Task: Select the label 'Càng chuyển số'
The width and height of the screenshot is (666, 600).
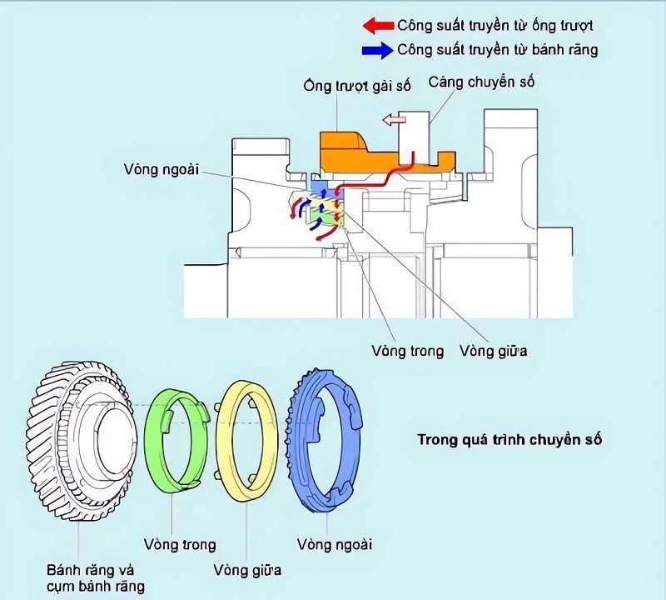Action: point(480,82)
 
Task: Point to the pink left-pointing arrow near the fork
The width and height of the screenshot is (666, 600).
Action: point(393,121)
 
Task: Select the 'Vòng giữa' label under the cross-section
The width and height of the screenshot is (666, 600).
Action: point(493,350)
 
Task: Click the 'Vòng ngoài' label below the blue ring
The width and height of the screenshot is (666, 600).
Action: point(335,545)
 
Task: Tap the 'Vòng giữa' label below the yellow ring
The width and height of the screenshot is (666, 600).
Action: point(247,570)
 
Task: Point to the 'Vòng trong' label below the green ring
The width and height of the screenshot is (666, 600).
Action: point(179,545)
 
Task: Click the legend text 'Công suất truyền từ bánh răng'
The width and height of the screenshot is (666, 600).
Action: point(498,50)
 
